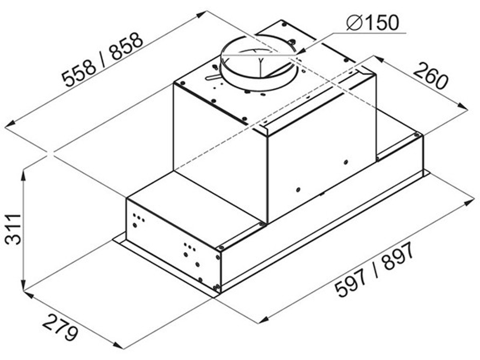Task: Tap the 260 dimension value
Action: pos(430,76)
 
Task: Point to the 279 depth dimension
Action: pos(60,327)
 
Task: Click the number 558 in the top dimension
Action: pos(79,73)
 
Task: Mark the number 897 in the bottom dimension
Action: pos(397,256)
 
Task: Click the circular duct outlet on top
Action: pos(258,63)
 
